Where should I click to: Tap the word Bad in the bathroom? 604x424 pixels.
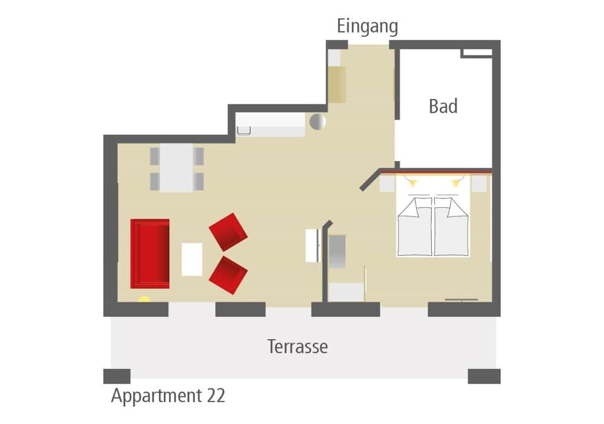(x=443, y=106)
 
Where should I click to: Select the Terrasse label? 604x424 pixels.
(x=297, y=347)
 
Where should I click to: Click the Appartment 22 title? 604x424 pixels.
(x=168, y=396)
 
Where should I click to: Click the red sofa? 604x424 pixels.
(x=150, y=253)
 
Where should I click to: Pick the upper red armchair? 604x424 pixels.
(x=228, y=232)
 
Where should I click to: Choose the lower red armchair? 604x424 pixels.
(x=228, y=276)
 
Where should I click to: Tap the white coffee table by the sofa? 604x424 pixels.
(x=192, y=259)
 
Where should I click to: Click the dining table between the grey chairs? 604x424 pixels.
(x=176, y=168)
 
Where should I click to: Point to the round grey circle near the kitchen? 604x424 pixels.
(x=318, y=122)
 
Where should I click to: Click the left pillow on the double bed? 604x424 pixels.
(x=414, y=207)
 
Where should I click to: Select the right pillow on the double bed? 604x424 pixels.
(x=451, y=207)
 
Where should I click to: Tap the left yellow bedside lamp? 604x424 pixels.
(x=413, y=182)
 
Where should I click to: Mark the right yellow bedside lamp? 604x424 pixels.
(x=455, y=182)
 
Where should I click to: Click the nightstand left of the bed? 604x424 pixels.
(x=387, y=183)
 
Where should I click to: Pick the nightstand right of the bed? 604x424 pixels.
(x=479, y=183)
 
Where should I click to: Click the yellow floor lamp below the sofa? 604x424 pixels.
(x=144, y=299)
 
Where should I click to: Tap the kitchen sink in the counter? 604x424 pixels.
(x=243, y=130)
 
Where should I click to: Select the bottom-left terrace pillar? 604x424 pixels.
(x=117, y=376)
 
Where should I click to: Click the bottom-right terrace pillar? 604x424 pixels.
(x=484, y=376)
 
